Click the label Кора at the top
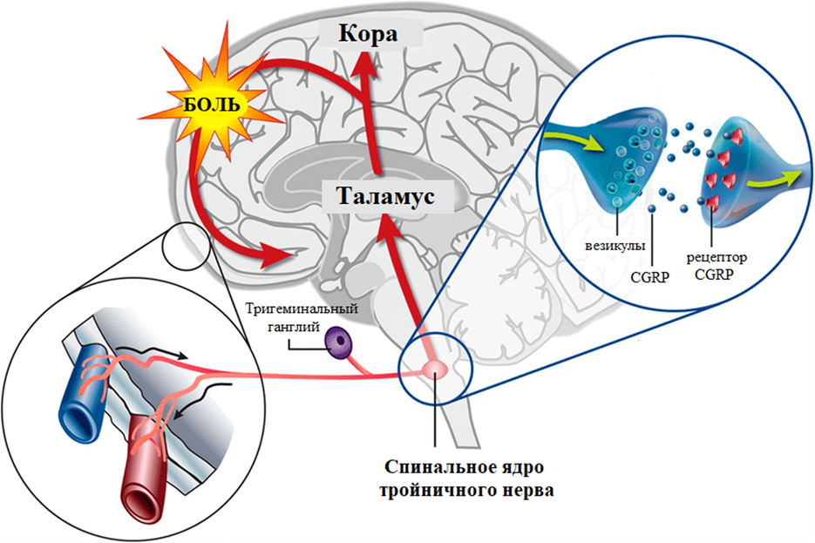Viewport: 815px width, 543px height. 368,34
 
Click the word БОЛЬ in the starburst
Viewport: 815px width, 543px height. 212,105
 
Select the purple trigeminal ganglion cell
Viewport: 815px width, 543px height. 338,343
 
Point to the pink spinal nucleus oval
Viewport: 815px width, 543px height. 435,370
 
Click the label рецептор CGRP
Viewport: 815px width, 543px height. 717,266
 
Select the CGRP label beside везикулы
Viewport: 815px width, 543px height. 649,277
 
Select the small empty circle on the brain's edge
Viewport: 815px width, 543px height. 186,246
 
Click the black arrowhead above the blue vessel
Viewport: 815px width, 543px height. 181,356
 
